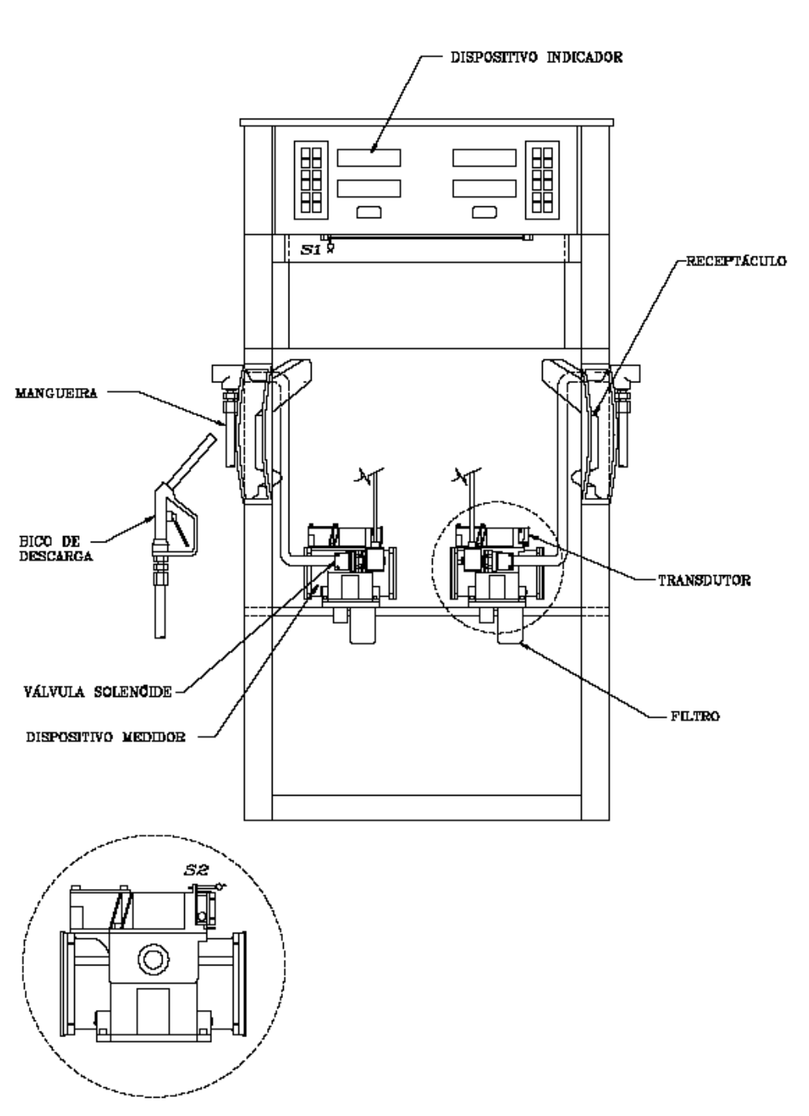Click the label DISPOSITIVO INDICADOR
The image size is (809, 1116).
pyautogui.click(x=536, y=57)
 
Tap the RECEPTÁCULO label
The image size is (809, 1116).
pyautogui.click(x=736, y=261)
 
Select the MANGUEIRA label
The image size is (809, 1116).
pyautogui.click(x=57, y=393)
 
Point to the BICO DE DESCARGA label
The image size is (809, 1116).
pyautogui.click(x=56, y=549)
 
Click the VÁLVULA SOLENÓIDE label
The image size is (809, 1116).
pyautogui.click(x=98, y=691)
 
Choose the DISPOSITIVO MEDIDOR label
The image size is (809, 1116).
pyautogui.click(x=106, y=737)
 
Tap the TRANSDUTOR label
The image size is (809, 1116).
pyautogui.click(x=705, y=581)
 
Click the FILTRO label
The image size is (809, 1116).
pyautogui.click(x=695, y=716)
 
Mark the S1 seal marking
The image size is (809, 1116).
pyautogui.click(x=311, y=249)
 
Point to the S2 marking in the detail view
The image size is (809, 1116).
pyautogui.click(x=196, y=871)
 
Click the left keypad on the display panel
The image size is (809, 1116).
pyautogui.click(x=311, y=180)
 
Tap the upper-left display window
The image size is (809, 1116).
pyautogui.click(x=369, y=158)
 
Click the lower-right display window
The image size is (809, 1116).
pyautogui.click(x=484, y=188)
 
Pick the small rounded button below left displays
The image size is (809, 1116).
pyautogui.click(x=369, y=212)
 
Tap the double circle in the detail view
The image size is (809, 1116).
pyautogui.click(x=153, y=958)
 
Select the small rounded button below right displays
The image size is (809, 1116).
pyautogui.click(x=484, y=212)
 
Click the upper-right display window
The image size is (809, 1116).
pyautogui.click(x=484, y=158)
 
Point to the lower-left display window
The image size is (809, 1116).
pyautogui.click(x=369, y=188)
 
